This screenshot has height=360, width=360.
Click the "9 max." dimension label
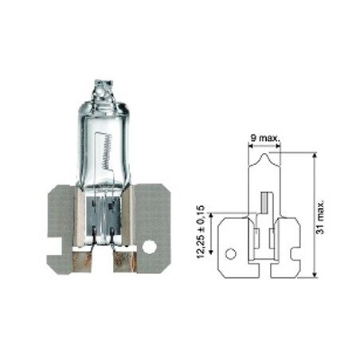pyautogui.click(x=264, y=138)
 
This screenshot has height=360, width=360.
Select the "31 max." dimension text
pyautogui.click(x=321, y=216)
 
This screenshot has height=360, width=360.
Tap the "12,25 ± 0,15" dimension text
pyautogui.click(x=201, y=232)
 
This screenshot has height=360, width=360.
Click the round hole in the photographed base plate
pyautogui.click(x=149, y=247)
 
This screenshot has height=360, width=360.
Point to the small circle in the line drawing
pyautogui.click(x=231, y=254)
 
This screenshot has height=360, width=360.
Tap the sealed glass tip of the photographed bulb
pyautogui.click(x=103, y=89)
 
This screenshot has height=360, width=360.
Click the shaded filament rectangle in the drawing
pyautogui.click(x=264, y=203)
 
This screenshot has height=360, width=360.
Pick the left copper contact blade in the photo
pyautogui.click(x=82, y=262)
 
